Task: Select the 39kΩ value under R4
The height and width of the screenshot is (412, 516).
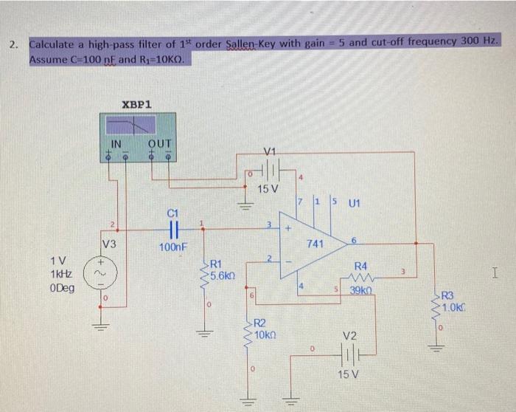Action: (363, 292)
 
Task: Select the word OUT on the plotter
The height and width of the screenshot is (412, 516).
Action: (159, 143)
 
